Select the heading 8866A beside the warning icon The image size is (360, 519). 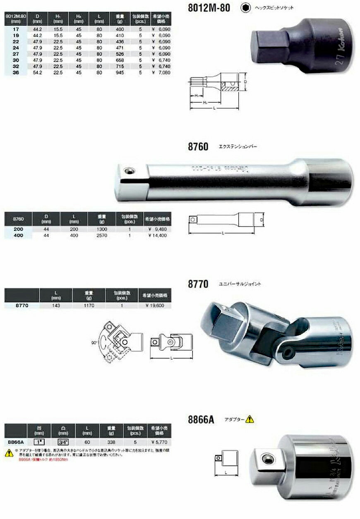tap(201, 420)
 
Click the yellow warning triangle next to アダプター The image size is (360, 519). tap(249, 419)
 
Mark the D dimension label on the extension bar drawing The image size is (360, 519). tap(261, 220)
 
